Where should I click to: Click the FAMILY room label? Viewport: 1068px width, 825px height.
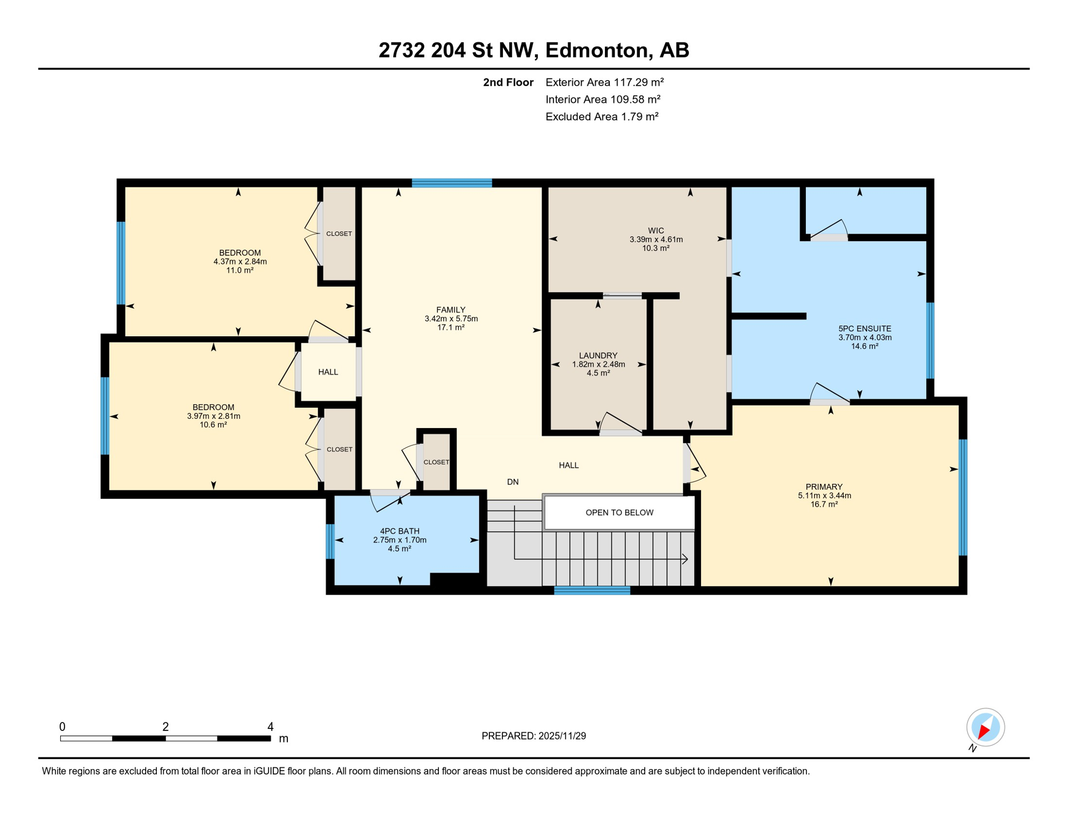(x=450, y=310)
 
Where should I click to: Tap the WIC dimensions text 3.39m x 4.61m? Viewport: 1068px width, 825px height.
(x=656, y=240)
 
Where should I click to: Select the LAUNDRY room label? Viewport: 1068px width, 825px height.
(x=598, y=356)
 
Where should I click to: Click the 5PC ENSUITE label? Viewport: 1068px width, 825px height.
(x=864, y=329)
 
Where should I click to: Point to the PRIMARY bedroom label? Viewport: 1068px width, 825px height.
(x=824, y=487)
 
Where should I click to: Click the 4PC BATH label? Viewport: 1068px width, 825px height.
(x=399, y=531)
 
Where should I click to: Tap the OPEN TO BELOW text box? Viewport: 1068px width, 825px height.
(x=619, y=512)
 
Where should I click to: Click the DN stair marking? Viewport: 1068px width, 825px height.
(x=513, y=482)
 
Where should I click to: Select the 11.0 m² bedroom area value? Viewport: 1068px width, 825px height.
(x=240, y=271)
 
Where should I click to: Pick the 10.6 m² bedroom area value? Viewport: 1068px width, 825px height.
(x=213, y=425)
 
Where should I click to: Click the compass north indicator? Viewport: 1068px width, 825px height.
(x=985, y=728)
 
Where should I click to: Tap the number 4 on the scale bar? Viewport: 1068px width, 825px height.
(x=270, y=727)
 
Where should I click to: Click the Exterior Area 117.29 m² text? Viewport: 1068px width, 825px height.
(x=604, y=82)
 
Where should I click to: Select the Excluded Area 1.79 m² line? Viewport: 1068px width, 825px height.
(x=602, y=117)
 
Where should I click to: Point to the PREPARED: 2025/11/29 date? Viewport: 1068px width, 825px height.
(x=533, y=736)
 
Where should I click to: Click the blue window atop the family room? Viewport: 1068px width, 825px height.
(x=452, y=183)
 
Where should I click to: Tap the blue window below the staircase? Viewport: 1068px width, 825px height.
(x=591, y=590)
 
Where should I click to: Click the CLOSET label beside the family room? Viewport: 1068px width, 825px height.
(x=436, y=462)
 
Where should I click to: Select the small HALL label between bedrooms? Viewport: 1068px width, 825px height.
(x=328, y=372)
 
